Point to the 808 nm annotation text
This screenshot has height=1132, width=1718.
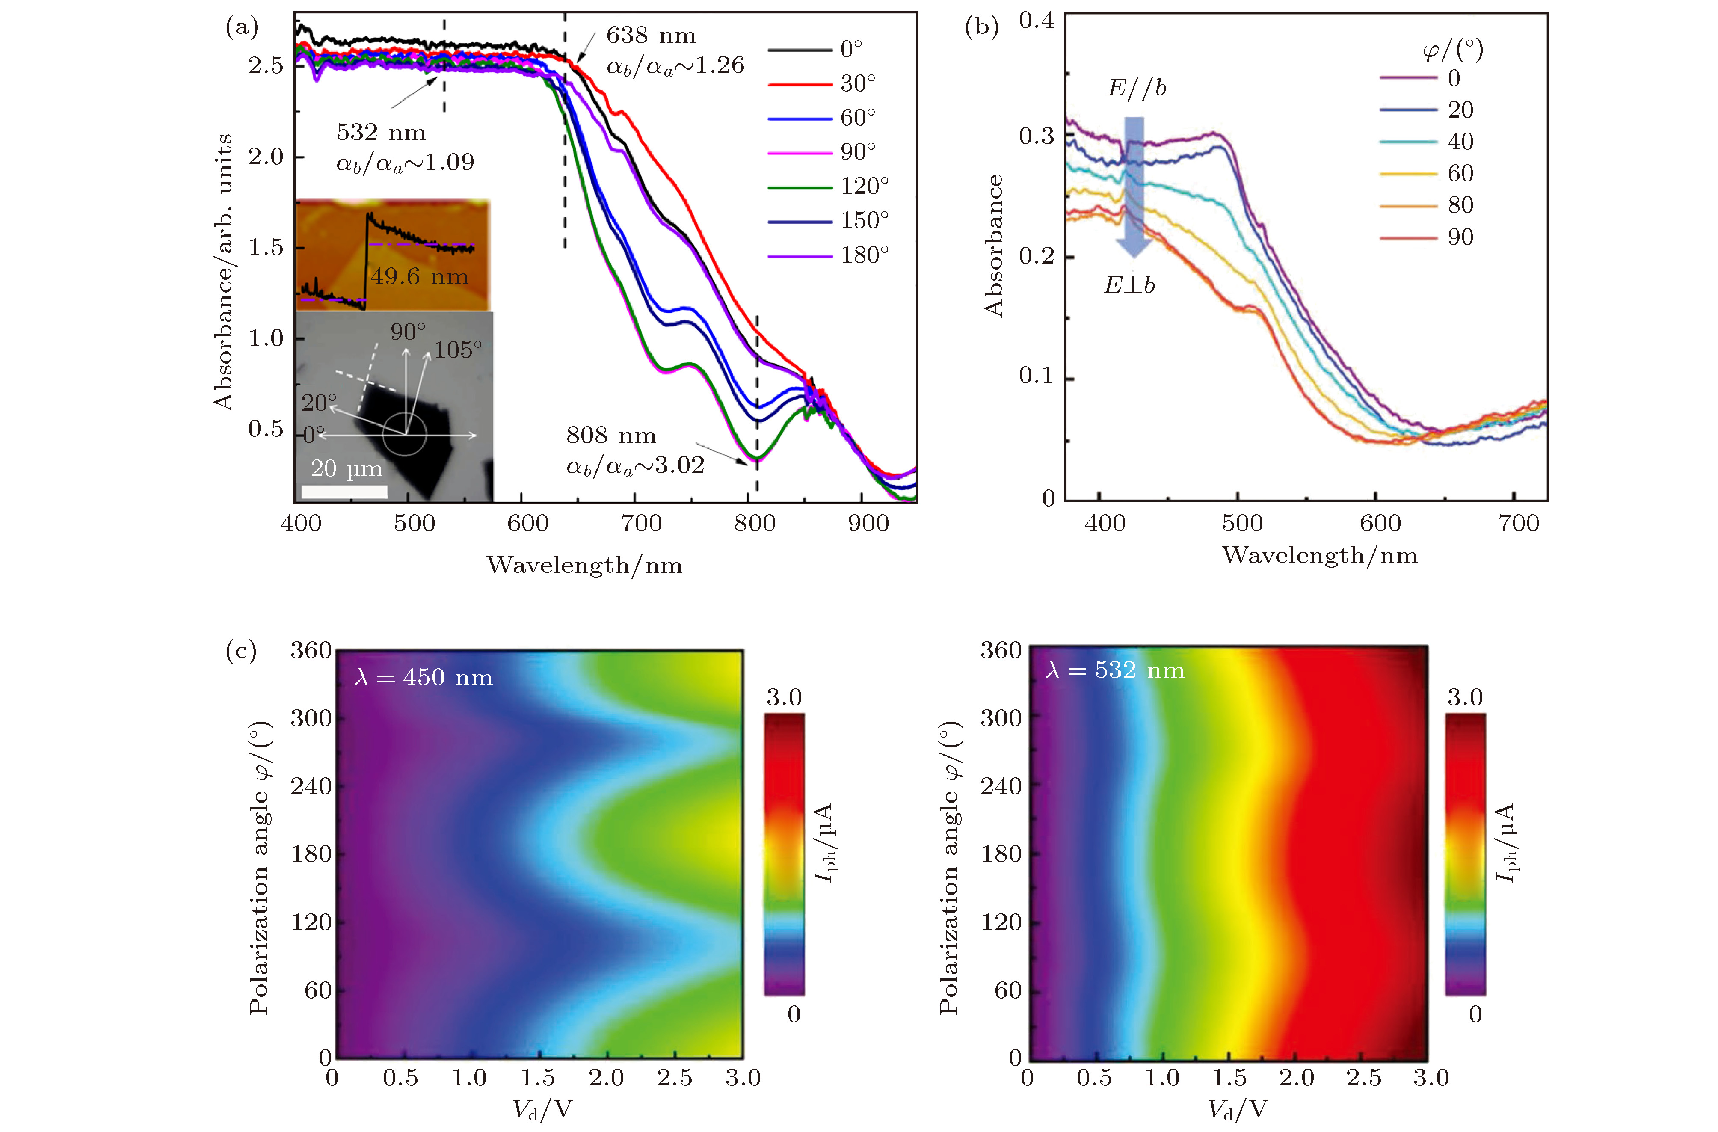611,436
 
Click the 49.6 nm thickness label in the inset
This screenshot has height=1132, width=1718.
419,276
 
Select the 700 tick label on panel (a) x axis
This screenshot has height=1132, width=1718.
641,523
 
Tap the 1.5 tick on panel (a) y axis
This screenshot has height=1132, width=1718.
266,248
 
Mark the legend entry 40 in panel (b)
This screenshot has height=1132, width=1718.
1460,142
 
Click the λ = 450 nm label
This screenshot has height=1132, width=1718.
424,677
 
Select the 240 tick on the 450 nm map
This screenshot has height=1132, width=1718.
311,785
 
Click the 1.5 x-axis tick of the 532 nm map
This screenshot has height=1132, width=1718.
1229,1078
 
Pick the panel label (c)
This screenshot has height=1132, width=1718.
241,650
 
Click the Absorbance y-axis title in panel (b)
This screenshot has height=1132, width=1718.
994,246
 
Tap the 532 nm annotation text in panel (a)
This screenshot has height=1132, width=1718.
381,133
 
